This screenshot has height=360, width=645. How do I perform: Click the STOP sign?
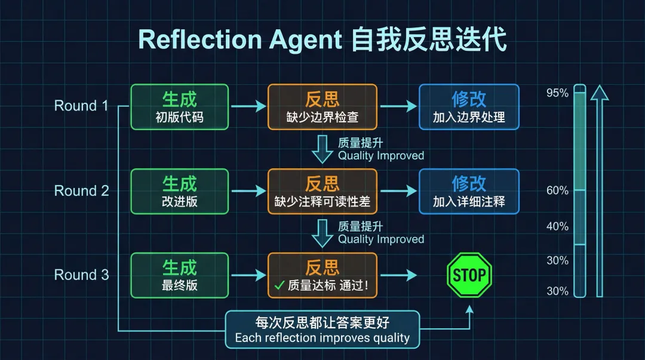(x=469, y=275)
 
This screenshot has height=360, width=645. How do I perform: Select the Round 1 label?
(x=81, y=106)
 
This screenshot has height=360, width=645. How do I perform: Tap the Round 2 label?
(x=81, y=190)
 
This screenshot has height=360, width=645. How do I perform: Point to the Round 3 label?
(x=81, y=275)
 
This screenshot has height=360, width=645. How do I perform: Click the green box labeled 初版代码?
(x=179, y=107)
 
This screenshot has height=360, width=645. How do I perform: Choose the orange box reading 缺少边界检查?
(x=322, y=107)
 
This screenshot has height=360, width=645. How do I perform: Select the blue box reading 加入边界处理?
(x=469, y=107)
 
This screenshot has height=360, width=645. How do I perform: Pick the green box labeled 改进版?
(x=179, y=191)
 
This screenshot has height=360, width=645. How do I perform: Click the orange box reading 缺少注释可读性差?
(x=322, y=191)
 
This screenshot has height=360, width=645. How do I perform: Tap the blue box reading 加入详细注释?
(x=469, y=191)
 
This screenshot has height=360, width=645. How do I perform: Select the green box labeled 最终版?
(x=179, y=275)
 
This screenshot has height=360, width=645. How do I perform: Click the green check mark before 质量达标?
(x=279, y=286)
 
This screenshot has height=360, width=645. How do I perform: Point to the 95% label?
(x=557, y=93)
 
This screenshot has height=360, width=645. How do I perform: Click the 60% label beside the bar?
(x=557, y=190)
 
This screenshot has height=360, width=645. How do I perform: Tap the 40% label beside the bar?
(x=557, y=226)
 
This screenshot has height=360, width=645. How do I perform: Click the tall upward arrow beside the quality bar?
(x=600, y=191)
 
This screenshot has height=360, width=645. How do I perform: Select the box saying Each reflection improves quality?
(x=322, y=330)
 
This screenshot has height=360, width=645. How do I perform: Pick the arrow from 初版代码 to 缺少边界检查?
(x=248, y=107)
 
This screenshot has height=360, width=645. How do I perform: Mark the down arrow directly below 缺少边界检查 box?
(x=322, y=149)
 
